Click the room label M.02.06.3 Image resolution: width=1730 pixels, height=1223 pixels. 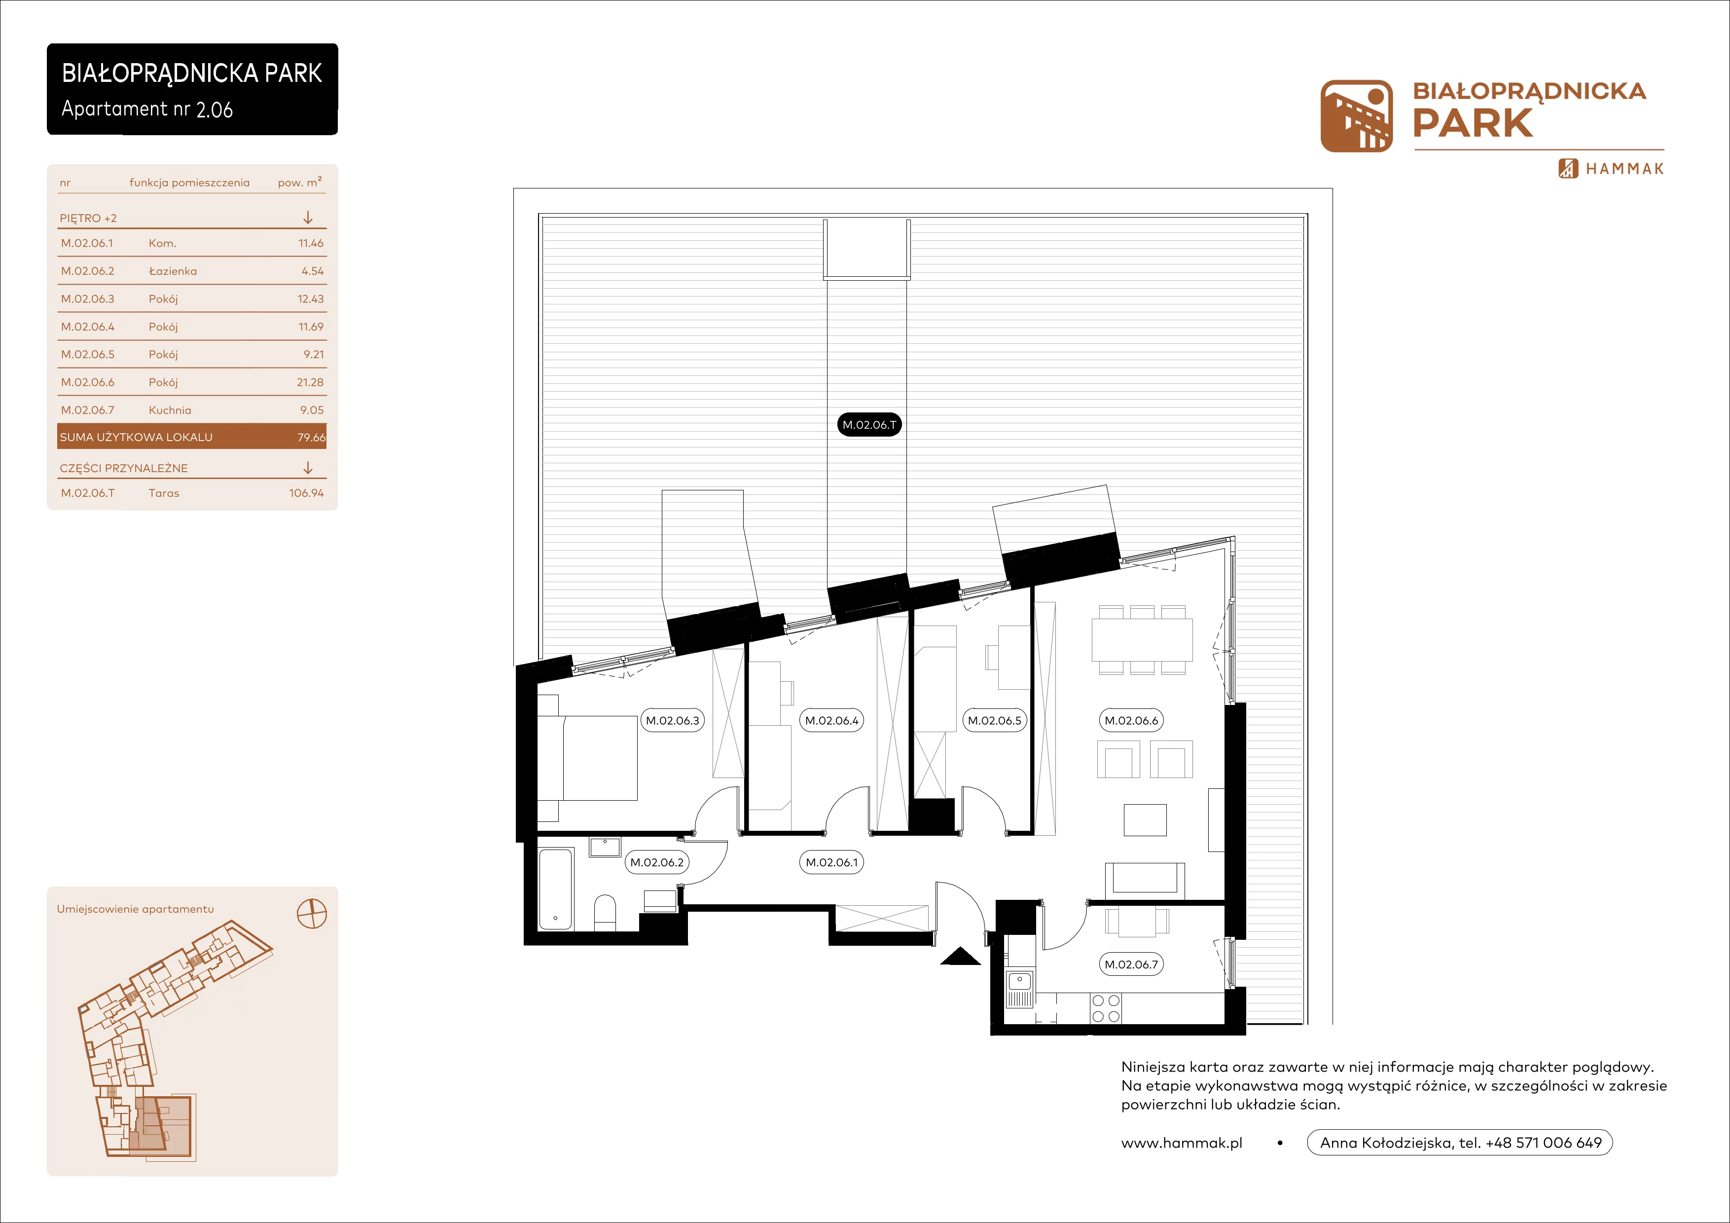coord(672,720)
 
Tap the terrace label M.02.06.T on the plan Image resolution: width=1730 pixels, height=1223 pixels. coord(869,425)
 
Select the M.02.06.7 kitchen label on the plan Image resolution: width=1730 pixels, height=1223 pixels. coord(1131,964)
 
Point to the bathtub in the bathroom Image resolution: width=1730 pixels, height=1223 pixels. coord(556,889)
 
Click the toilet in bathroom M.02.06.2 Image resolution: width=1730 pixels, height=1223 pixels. coord(605,913)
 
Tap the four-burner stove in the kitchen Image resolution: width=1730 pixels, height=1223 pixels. coord(1105,1009)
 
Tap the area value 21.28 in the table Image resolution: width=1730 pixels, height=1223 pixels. coord(310,382)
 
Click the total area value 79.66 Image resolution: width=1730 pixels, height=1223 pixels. coord(311,437)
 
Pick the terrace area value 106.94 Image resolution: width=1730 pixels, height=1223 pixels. coord(306,493)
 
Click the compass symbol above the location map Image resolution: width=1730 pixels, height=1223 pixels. coord(312,914)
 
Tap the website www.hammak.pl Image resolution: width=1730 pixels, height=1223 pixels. coord(1182,1143)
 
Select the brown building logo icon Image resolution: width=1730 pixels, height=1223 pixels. coord(1356,116)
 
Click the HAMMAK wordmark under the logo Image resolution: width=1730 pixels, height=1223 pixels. coord(1624,169)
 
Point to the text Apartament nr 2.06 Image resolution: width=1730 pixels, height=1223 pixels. coord(147,109)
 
